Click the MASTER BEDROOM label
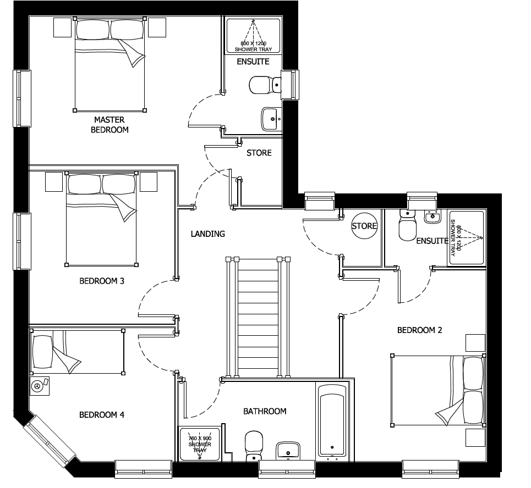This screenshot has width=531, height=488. (111, 125)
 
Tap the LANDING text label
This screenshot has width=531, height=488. (207, 234)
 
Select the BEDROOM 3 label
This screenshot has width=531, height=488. (102, 281)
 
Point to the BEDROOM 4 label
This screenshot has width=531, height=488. (101, 415)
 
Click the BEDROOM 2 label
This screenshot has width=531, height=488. (419, 330)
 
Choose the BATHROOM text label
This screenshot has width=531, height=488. (265, 411)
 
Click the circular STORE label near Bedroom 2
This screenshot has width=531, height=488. (365, 226)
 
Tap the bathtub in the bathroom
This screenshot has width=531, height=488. (333, 420)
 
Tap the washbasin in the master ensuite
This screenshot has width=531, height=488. (270, 118)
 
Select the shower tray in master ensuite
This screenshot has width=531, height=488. (254, 36)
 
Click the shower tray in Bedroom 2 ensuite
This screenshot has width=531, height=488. (467, 237)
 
